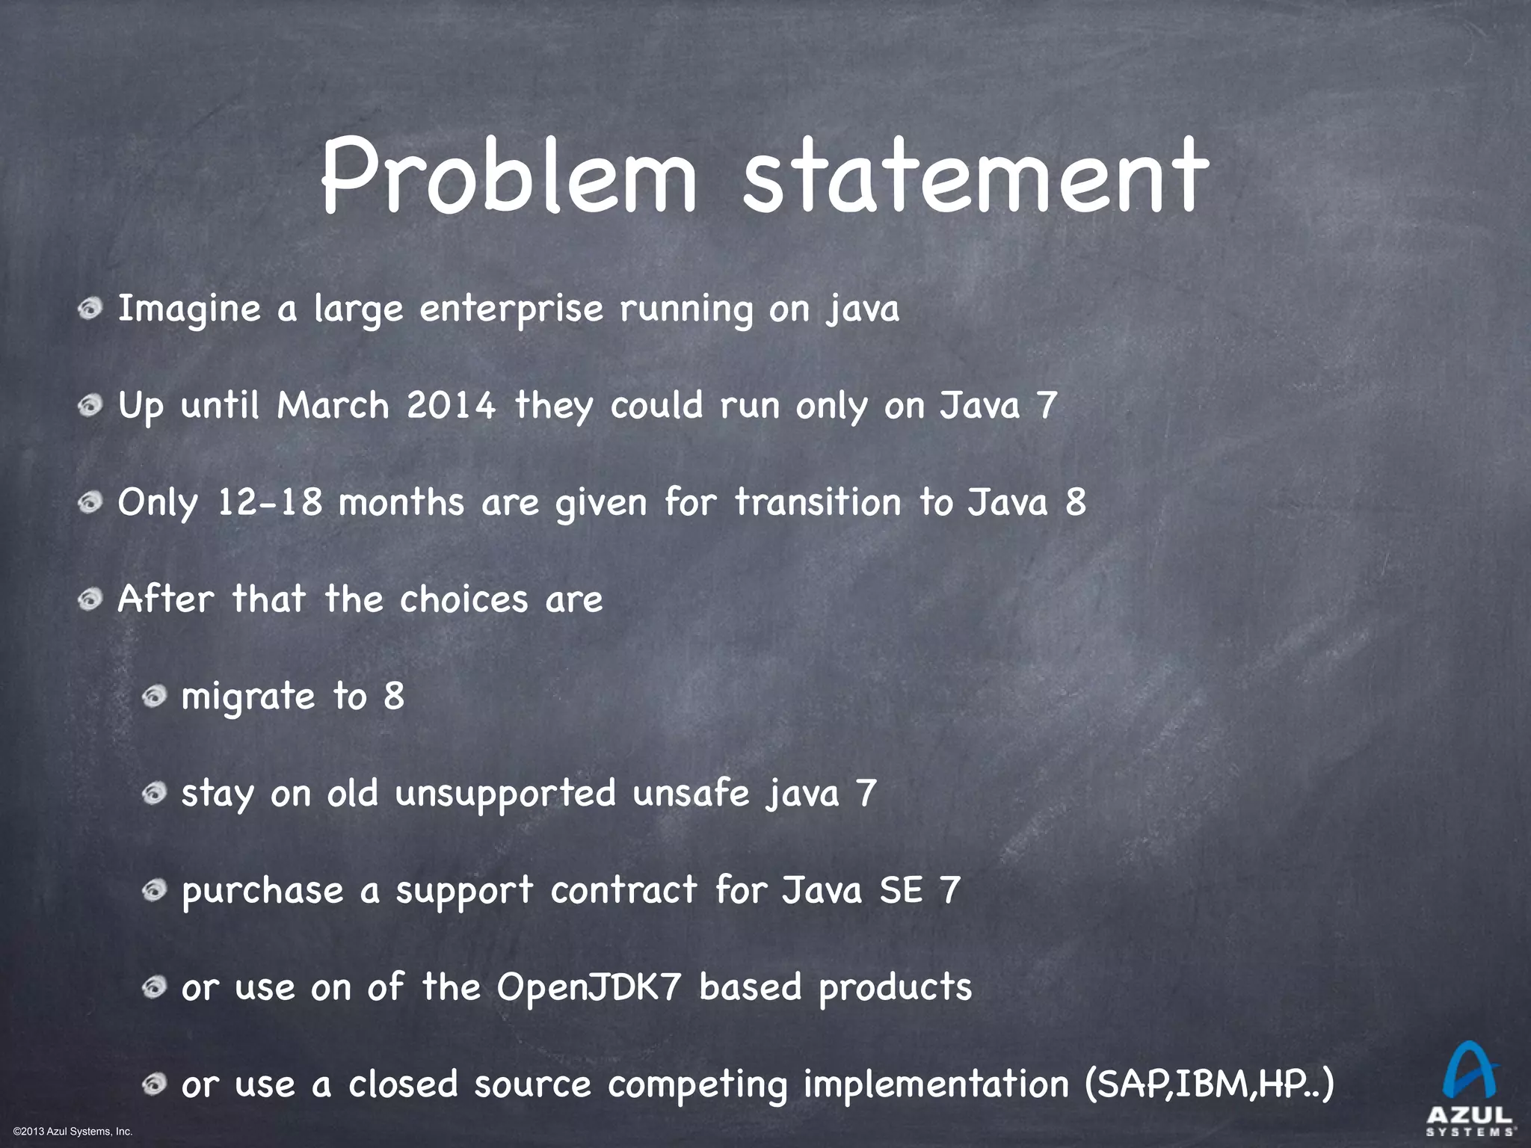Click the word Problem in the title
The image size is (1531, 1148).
pos(508,176)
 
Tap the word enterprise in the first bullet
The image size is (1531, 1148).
pos(511,309)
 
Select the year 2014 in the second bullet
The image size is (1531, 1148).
pos(451,406)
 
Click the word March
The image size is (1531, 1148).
pos(333,406)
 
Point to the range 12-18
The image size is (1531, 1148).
pos(270,502)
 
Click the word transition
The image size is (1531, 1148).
pos(818,502)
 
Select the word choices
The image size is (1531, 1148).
pos(463,599)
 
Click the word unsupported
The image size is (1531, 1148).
pos(505,793)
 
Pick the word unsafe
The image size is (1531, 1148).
pos(691,792)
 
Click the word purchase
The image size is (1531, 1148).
pos(262,891)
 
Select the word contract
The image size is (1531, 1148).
pos(624,889)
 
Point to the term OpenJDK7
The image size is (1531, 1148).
pos(589,987)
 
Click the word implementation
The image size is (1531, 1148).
pos(936,1084)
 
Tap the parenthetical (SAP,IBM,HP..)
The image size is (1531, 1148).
pos(1209,1084)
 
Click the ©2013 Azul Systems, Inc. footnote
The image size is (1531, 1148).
pos(73,1132)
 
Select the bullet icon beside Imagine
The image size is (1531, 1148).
pos(90,309)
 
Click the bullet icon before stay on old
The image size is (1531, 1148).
pos(154,792)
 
